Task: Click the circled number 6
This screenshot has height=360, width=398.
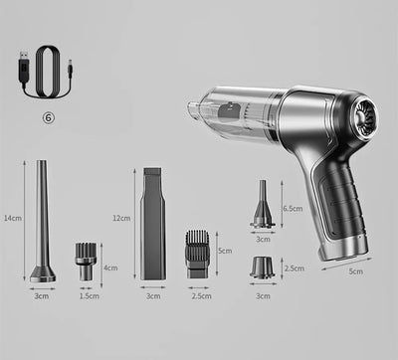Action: [49, 115]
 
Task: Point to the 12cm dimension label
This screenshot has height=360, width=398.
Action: [120, 218]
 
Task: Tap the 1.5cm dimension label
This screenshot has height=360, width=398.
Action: [88, 295]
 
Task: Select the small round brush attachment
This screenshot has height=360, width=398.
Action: [86, 262]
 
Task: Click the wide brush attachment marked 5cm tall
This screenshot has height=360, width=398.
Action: [197, 253]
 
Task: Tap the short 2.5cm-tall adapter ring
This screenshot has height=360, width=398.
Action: [263, 267]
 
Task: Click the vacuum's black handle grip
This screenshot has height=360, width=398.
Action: [335, 205]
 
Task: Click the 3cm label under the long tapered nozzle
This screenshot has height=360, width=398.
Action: [42, 295]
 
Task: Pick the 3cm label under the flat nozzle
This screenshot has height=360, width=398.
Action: [152, 295]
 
